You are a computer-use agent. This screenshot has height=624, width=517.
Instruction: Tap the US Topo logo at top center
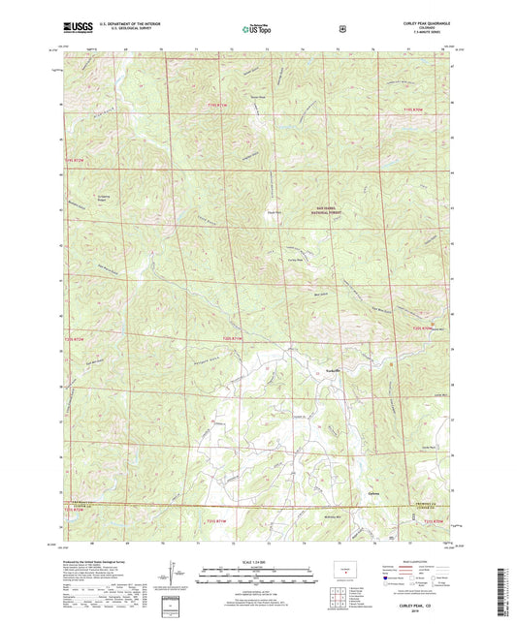pyautogui.click(x=257, y=30)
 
